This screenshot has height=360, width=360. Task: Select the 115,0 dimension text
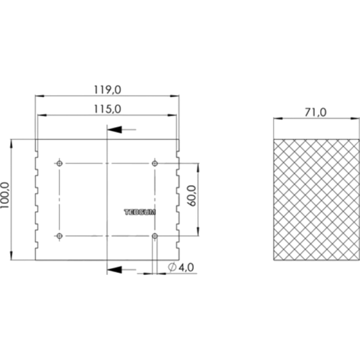point(107,108)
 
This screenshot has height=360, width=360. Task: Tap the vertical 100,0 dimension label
point(6,199)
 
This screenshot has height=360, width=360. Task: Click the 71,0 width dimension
point(315,113)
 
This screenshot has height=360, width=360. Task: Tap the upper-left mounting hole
point(59,163)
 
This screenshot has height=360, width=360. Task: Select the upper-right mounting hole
point(155,163)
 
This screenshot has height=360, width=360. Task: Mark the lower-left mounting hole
point(59,235)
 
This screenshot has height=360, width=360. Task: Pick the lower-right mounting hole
point(155,235)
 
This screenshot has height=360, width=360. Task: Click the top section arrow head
point(114,129)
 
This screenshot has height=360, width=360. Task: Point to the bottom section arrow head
point(114,269)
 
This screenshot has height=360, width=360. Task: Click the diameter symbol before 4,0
point(171,268)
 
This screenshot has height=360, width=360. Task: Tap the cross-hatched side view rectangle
point(315,199)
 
